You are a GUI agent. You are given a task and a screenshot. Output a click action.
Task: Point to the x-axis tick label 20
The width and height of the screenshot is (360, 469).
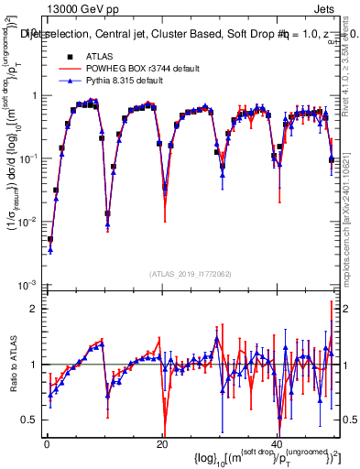[x=162, y=442]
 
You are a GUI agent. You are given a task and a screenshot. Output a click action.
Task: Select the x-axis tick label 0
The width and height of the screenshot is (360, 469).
[x=47, y=442]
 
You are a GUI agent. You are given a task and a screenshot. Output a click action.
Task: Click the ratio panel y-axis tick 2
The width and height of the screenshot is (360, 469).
[x=34, y=309]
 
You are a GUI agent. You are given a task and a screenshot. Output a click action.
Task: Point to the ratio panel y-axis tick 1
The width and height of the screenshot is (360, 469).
[x=34, y=365]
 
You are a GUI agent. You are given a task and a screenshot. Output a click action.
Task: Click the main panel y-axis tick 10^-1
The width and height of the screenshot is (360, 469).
[x=28, y=158]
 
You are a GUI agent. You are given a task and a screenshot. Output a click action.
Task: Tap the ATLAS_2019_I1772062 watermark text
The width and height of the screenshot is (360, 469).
[x=191, y=274]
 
